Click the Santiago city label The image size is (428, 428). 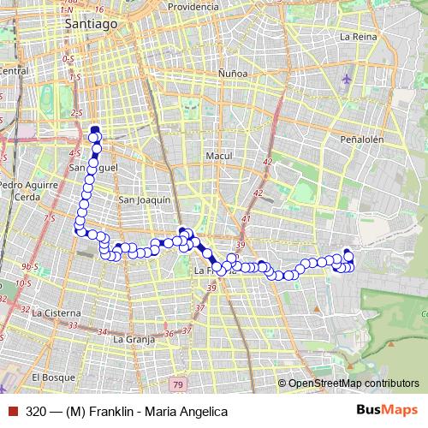[x=91, y=25]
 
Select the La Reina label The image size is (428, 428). [x=357, y=37]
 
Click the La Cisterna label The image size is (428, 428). [x=56, y=313]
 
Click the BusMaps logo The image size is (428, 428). [x=387, y=411]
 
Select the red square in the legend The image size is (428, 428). [x=12, y=412]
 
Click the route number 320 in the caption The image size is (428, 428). [x=36, y=412]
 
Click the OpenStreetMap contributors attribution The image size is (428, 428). [x=353, y=383]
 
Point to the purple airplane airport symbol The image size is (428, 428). [x=346, y=79]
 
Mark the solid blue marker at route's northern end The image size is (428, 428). [x=95, y=130]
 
